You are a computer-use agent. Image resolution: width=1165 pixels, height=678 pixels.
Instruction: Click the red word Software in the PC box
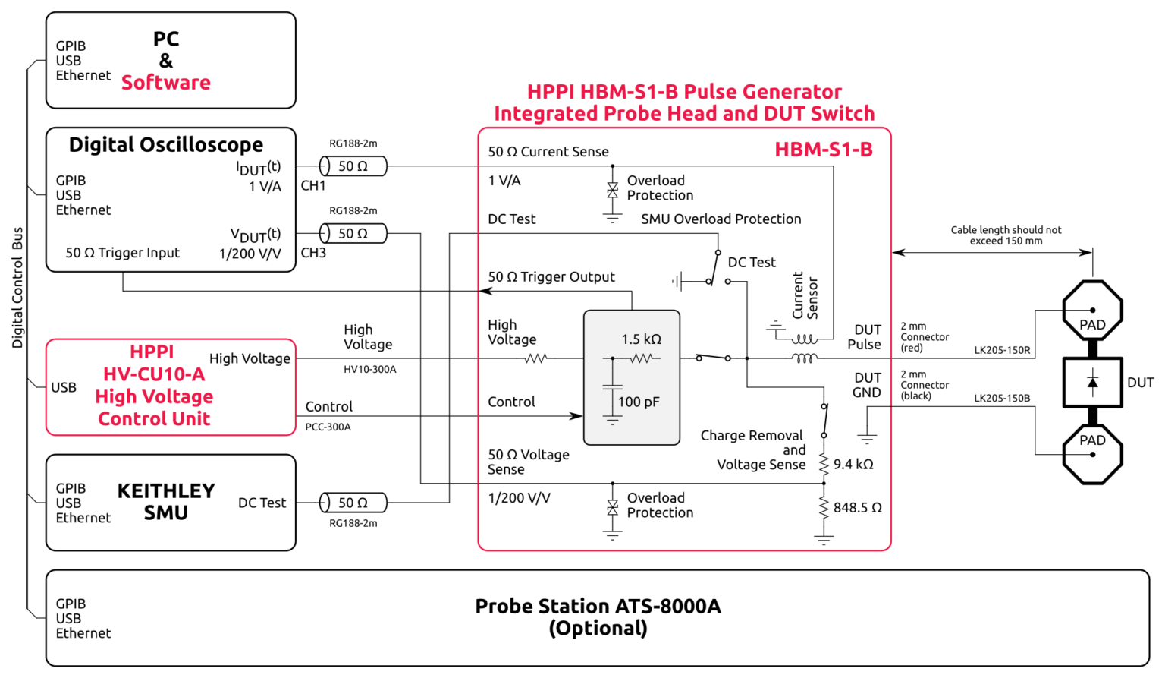click(x=165, y=83)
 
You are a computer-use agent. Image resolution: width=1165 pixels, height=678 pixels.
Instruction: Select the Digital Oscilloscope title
click(x=165, y=145)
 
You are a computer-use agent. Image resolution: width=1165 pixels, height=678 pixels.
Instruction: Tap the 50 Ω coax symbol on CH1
click(x=353, y=166)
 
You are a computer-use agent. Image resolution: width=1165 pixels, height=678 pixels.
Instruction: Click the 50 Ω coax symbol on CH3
click(x=353, y=234)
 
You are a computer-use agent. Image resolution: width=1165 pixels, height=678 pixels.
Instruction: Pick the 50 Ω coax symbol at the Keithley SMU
click(x=353, y=503)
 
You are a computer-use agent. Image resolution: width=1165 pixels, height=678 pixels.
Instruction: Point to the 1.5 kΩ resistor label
click(x=641, y=339)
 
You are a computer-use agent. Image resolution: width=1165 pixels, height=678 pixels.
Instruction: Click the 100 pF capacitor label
click(x=639, y=402)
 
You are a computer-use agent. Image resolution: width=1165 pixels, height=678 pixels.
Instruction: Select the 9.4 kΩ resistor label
click(x=853, y=465)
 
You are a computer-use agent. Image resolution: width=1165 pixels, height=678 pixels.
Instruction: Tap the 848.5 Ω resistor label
click(x=857, y=508)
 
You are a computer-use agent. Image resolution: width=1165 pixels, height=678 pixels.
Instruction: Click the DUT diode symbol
click(x=1092, y=383)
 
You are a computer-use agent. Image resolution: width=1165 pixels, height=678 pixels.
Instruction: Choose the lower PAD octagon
click(x=1092, y=453)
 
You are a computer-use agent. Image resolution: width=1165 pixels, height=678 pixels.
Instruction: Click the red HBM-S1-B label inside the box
click(x=823, y=150)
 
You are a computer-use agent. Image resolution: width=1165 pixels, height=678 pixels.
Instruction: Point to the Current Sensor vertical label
click(x=805, y=296)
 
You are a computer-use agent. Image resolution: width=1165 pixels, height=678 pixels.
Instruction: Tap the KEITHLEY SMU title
click(x=165, y=502)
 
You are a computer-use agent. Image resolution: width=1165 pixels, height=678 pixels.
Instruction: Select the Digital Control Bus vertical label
click(x=17, y=288)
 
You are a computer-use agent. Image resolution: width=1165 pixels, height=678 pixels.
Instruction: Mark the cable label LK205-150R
click(x=1002, y=351)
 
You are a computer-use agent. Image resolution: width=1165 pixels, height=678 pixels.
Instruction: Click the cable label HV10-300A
click(x=369, y=370)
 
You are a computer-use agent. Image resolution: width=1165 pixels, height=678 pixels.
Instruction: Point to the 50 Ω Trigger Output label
click(x=551, y=277)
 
